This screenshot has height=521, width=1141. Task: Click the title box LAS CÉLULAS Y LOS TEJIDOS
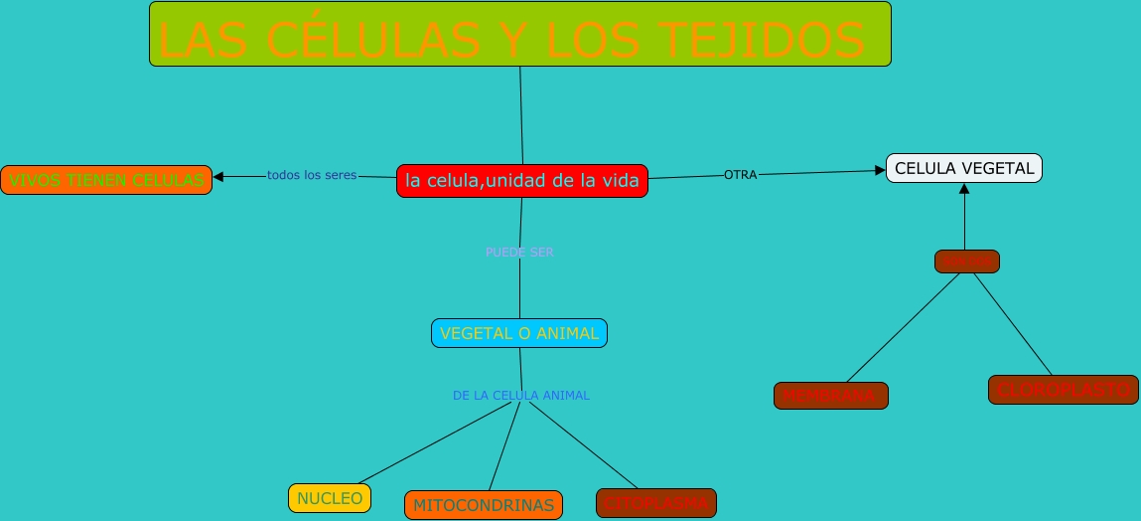click(519, 34)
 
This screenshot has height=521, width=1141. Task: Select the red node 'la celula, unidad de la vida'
click(521, 181)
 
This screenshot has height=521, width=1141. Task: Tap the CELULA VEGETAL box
click(963, 169)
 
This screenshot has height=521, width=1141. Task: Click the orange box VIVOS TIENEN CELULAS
click(106, 180)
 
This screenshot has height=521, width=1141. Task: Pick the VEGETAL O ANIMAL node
click(518, 333)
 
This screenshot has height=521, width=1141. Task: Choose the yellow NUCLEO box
click(330, 498)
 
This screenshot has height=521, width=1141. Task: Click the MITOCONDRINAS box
click(483, 505)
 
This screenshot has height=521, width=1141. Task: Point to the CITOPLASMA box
click(655, 503)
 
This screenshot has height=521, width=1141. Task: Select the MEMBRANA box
click(830, 396)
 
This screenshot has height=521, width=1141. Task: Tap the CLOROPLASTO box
click(1062, 390)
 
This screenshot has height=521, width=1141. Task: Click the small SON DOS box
click(966, 261)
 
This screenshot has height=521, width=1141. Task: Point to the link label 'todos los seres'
click(312, 176)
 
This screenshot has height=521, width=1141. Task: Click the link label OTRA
click(740, 175)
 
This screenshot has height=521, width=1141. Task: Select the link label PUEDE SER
click(519, 253)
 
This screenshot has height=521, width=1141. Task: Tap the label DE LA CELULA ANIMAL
click(521, 396)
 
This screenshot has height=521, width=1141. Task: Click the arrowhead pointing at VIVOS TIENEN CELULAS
click(219, 177)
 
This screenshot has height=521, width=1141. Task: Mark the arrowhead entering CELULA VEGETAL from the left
click(879, 170)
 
